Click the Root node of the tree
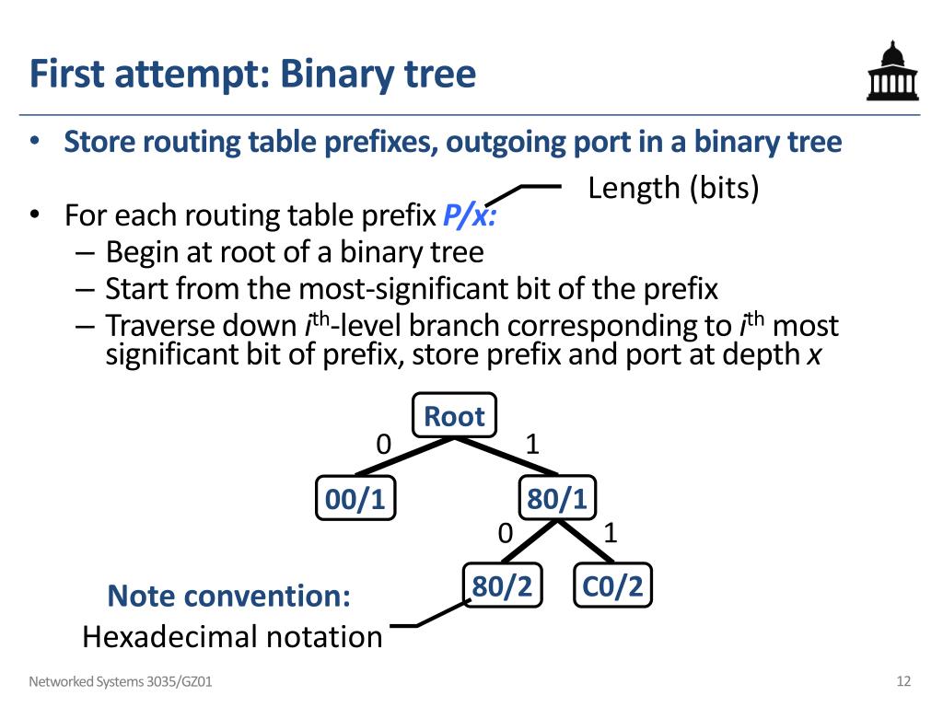click(x=454, y=416)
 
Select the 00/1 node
click(x=355, y=499)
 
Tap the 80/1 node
click(x=557, y=499)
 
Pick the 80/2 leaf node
click(x=502, y=585)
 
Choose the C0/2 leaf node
click(x=612, y=585)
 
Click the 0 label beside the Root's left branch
click(x=383, y=444)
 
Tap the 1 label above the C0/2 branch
click(x=610, y=532)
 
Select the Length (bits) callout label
click(x=673, y=188)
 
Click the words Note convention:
click(x=228, y=596)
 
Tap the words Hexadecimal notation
click(x=232, y=636)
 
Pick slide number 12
click(x=902, y=681)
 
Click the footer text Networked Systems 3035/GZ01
click(x=125, y=682)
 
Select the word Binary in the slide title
click(x=335, y=74)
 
